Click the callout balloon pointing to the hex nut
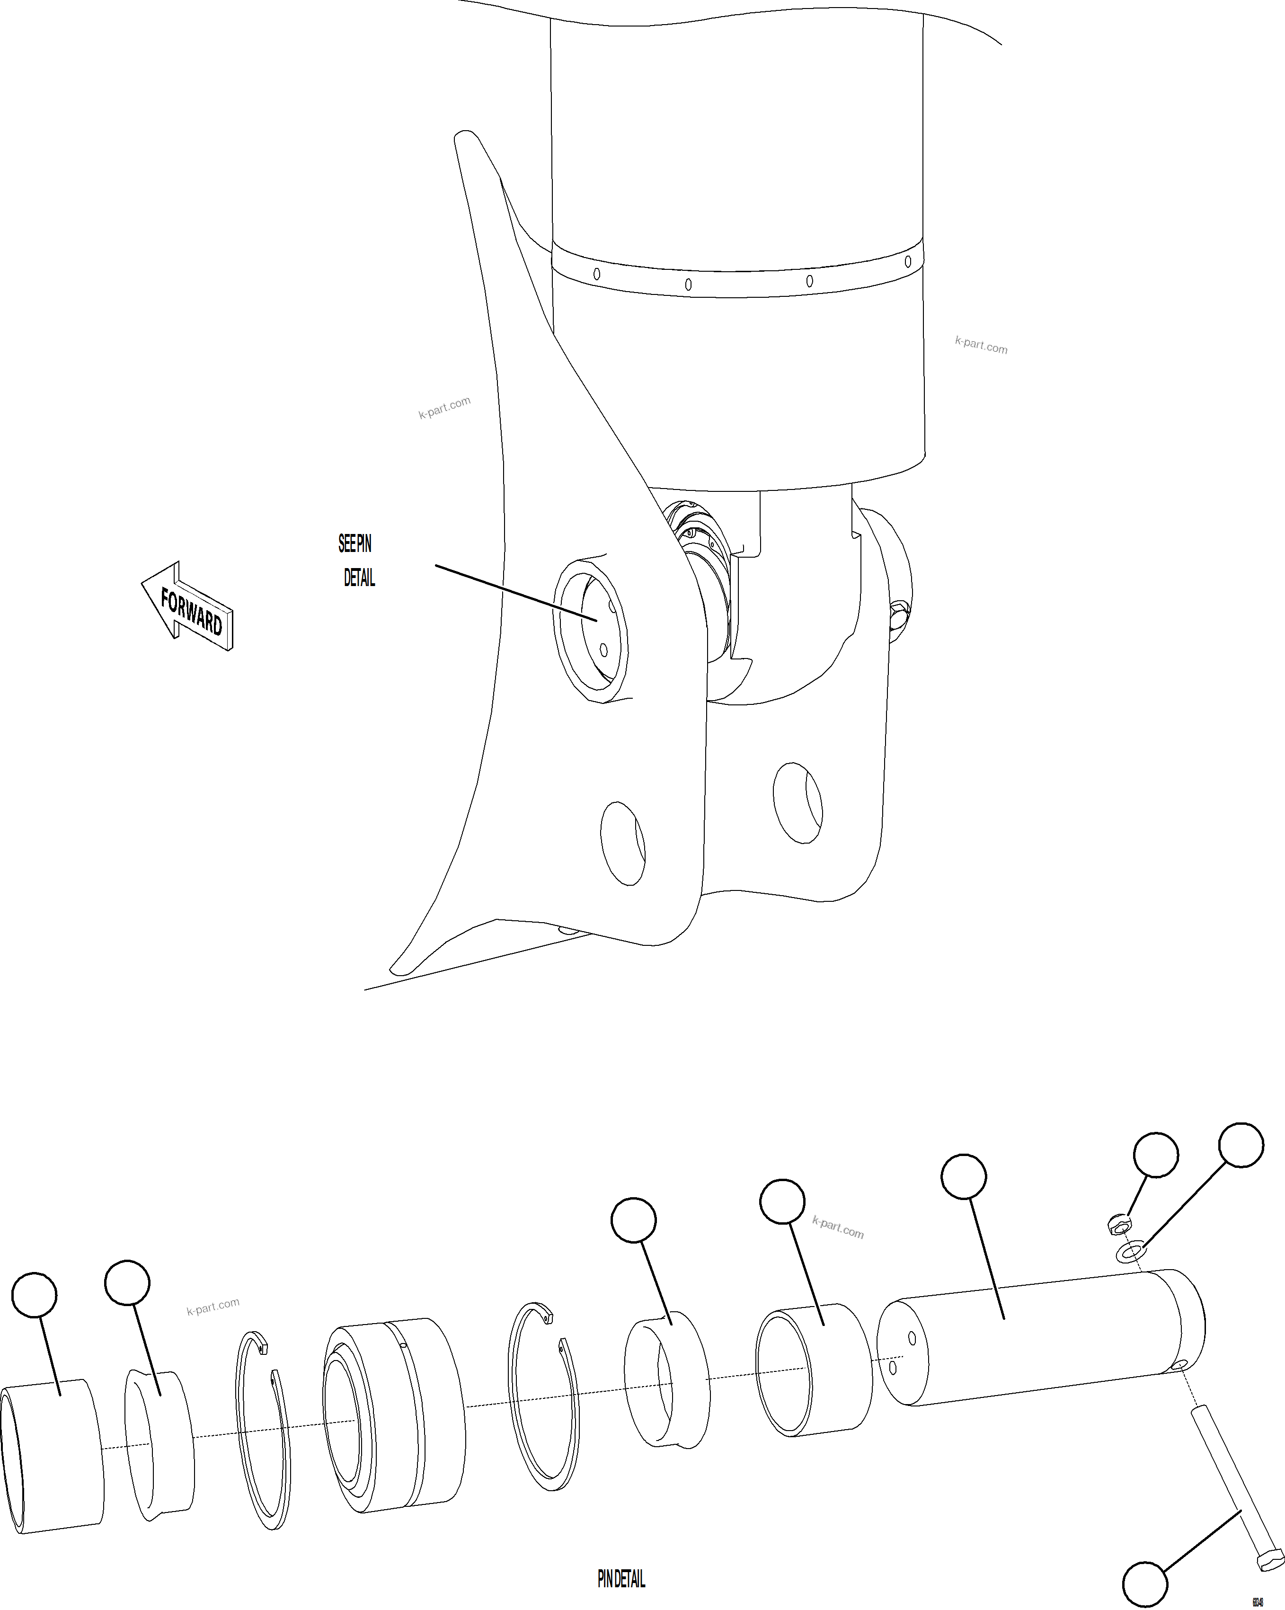pos(1155,1155)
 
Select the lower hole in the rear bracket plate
pos(798,803)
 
